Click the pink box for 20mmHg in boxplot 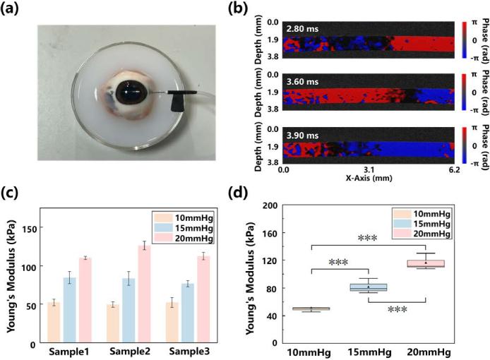426,264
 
